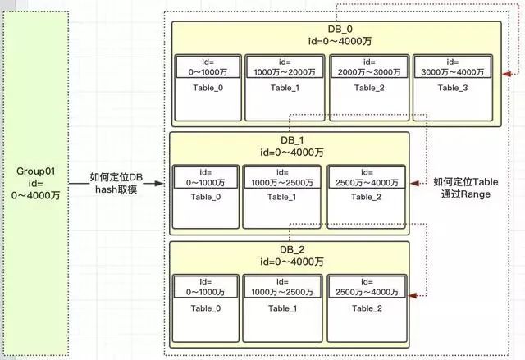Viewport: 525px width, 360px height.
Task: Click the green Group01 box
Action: click(x=40, y=181)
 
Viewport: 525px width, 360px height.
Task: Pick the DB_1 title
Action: click(x=289, y=145)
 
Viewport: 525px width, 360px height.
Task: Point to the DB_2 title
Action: click(x=289, y=255)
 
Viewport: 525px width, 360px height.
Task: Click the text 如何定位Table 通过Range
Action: click(x=466, y=189)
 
